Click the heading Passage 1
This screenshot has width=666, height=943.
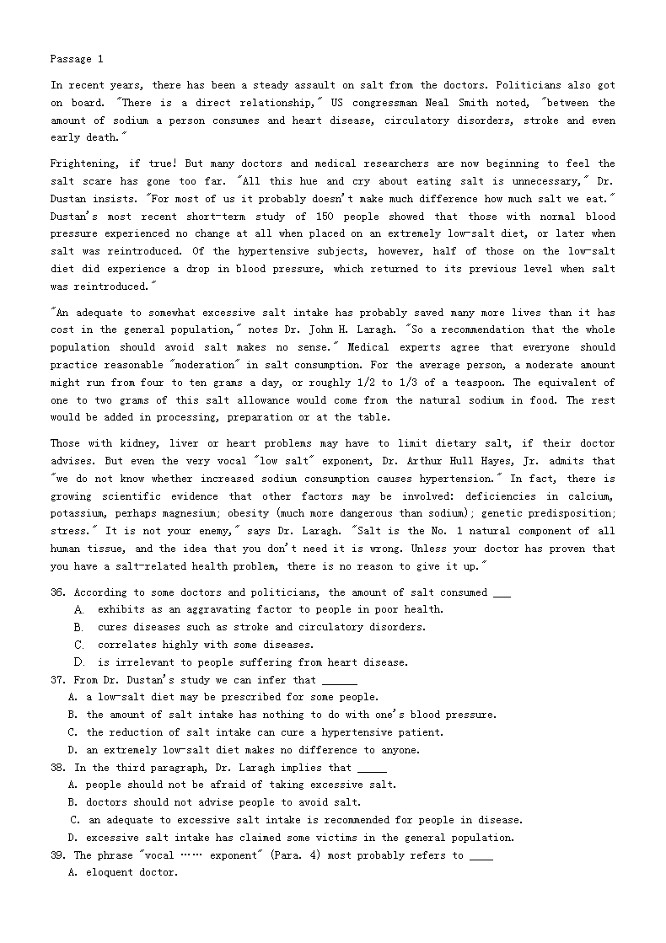(x=77, y=59)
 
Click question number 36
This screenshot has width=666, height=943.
(x=58, y=592)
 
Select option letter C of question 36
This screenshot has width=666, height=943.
(x=79, y=645)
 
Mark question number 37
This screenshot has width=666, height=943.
(x=58, y=680)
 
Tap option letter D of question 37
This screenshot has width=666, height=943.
(x=73, y=750)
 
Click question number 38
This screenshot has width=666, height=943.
(x=58, y=768)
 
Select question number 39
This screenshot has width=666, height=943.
(x=58, y=855)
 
